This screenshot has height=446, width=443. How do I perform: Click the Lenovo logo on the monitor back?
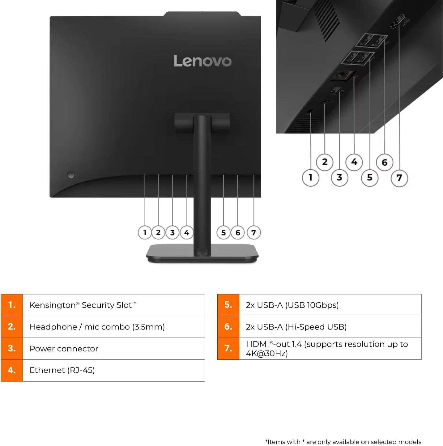[202, 61]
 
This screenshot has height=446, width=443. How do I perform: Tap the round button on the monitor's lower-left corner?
[71, 175]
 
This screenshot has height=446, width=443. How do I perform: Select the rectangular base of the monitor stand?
[202, 253]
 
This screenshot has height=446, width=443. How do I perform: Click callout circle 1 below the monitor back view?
[145, 232]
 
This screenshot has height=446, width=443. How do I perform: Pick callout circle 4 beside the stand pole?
[186, 232]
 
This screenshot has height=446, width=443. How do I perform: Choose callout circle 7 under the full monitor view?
[253, 232]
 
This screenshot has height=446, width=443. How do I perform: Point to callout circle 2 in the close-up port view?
[325, 162]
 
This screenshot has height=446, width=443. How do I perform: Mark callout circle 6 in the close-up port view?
[385, 162]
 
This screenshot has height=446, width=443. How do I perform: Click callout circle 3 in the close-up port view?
[339, 177]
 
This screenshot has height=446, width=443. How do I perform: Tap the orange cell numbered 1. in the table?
[12, 305]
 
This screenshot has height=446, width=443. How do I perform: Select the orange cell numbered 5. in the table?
[228, 305]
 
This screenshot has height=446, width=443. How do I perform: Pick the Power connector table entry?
[64, 349]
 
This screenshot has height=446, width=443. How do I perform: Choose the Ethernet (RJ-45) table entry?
[62, 370]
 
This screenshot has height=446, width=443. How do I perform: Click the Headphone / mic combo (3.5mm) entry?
[97, 327]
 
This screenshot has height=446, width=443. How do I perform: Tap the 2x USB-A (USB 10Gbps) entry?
[292, 305]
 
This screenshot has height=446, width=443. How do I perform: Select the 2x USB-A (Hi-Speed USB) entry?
[296, 327]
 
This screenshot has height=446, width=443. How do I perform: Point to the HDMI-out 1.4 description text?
[327, 349]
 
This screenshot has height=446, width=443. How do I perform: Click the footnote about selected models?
[343, 442]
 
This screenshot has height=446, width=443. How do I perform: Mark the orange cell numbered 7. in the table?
[228, 349]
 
